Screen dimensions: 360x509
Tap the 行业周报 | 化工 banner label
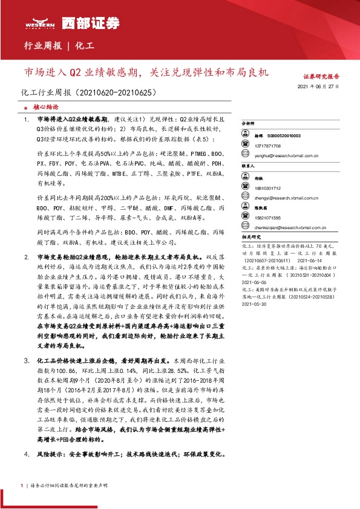(x=58, y=45)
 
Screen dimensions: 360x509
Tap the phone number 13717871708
(x=267, y=146)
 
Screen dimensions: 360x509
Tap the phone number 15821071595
(x=267, y=216)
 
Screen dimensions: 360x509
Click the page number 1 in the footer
(x=22, y=485)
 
